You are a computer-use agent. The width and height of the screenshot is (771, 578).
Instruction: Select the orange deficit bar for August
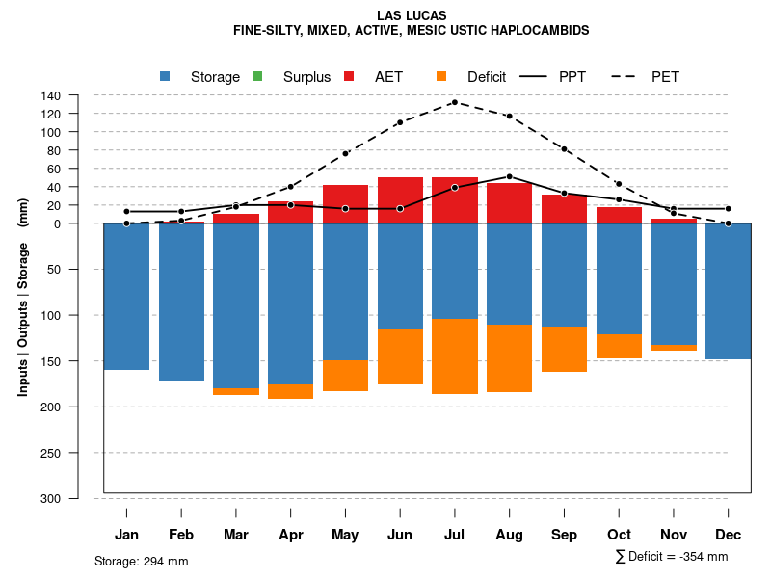coord(510,358)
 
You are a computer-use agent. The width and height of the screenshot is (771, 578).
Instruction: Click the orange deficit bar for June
coord(400,356)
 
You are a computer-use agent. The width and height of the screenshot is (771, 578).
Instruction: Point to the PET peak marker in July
coord(455,102)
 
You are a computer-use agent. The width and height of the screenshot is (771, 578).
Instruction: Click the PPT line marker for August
coord(510,177)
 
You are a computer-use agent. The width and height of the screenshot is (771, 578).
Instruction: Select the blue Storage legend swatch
coord(166,76)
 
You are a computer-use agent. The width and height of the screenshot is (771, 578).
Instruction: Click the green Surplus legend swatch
coord(257,76)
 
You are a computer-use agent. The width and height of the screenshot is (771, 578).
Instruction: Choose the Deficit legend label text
coord(487,77)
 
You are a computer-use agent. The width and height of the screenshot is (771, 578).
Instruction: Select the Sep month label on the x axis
coord(565,535)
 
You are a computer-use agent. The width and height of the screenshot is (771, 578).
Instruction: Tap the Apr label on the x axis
coord(291,535)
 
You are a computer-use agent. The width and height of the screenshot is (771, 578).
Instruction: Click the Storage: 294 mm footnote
coord(142,561)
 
